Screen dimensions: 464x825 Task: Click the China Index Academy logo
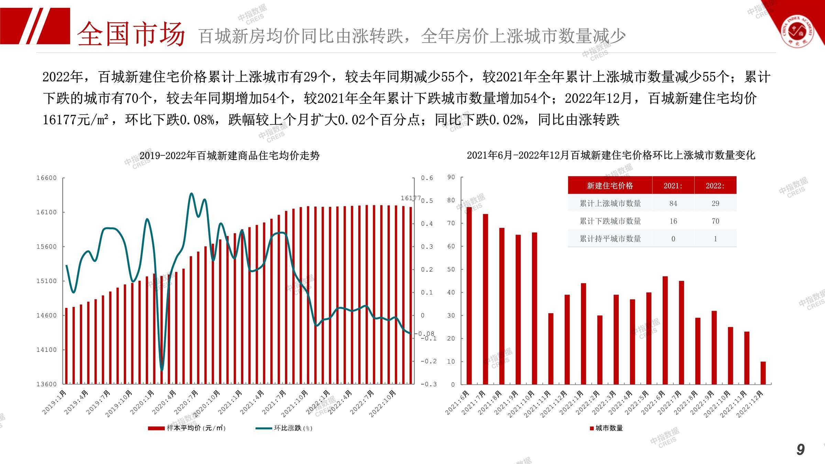click(x=797, y=32)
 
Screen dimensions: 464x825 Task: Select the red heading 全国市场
click(x=131, y=34)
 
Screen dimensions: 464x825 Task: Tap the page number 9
click(x=800, y=450)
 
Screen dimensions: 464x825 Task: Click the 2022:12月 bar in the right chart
click(x=763, y=373)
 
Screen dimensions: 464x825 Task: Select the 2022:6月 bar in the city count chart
click(x=665, y=330)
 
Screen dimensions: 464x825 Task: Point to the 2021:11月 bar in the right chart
click(x=551, y=349)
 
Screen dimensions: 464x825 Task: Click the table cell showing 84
click(x=673, y=203)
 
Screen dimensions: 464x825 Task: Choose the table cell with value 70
click(x=715, y=221)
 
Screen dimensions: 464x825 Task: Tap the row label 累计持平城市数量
click(x=610, y=239)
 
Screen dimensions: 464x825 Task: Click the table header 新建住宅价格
click(x=610, y=186)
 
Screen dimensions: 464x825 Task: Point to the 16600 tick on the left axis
click(x=46, y=178)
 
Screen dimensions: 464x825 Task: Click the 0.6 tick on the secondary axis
click(x=427, y=178)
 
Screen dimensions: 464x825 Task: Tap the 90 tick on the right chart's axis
click(x=451, y=177)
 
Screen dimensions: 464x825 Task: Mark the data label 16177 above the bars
click(x=410, y=198)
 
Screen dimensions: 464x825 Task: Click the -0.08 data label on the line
click(x=426, y=333)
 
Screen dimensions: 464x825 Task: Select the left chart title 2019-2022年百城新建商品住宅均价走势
click(x=229, y=156)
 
